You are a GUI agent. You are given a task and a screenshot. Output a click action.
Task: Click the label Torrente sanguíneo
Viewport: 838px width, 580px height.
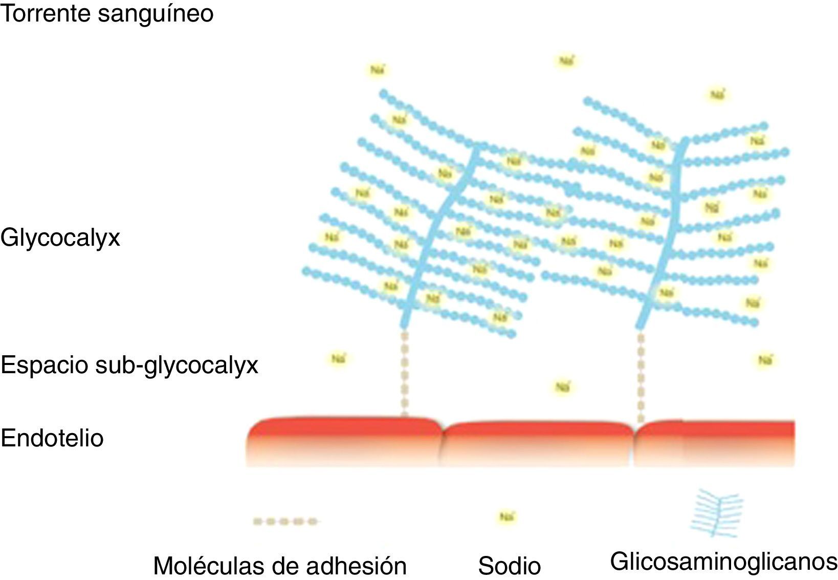pos(106,13)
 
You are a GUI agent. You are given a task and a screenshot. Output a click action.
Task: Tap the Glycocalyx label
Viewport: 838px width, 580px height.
pos(60,238)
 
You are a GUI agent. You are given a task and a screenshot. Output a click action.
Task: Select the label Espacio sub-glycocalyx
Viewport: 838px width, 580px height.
pos(129,365)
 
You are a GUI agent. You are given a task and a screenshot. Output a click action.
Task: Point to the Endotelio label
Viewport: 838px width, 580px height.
pos(52,438)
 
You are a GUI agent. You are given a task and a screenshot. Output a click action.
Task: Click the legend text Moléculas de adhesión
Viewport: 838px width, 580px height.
pos(280,566)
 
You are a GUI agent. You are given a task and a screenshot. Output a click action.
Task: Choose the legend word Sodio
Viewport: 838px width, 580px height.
pos(509,566)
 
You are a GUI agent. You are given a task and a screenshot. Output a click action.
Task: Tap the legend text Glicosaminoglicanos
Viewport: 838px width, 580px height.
pos(723,562)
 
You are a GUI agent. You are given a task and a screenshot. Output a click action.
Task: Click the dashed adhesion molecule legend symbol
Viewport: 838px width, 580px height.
pos(285,522)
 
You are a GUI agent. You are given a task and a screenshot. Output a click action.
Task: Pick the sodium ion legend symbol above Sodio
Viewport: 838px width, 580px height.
pos(506,517)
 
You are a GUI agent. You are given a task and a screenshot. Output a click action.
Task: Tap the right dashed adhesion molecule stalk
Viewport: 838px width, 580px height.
pos(641,376)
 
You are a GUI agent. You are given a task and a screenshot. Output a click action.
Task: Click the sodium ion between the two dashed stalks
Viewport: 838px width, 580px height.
pos(562,387)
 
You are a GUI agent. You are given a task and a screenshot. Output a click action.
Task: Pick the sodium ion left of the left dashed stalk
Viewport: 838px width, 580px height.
pos(338,359)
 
